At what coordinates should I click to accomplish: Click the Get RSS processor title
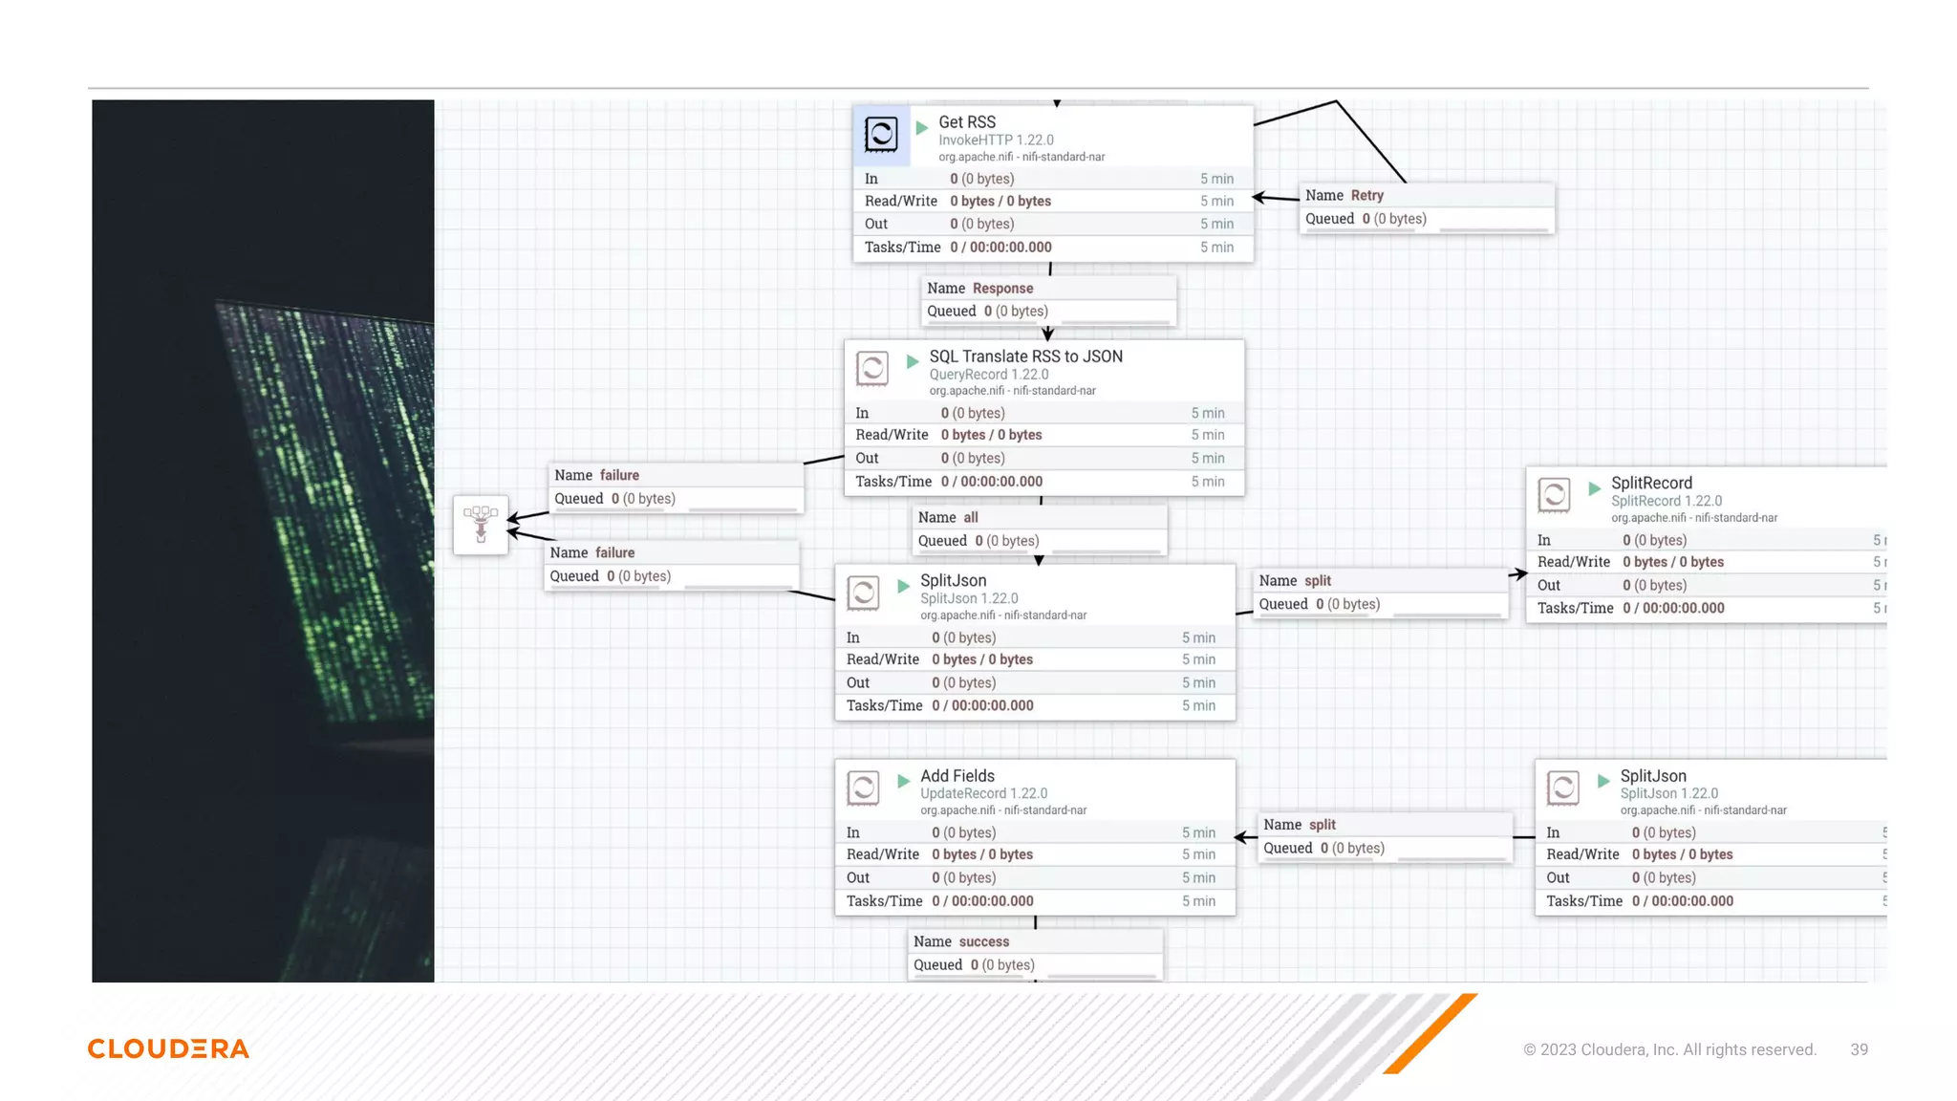tap(966, 122)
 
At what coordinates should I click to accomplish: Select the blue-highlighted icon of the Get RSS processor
tap(880, 134)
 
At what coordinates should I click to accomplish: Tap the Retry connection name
tap(1366, 195)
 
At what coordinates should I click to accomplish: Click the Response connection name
tap(1002, 289)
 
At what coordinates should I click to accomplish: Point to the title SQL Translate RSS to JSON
tap(1025, 356)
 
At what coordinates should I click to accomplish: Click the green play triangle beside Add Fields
tap(903, 781)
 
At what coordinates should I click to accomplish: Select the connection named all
tap(970, 518)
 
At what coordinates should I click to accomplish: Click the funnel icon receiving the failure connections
tap(481, 524)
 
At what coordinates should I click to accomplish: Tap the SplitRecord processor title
tap(1651, 484)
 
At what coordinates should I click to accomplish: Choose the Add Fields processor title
tap(957, 776)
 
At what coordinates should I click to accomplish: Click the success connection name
tap(983, 942)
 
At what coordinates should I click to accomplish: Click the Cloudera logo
tap(168, 1048)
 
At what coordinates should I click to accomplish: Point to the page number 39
tap(1859, 1049)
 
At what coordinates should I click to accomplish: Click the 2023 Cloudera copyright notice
tap(1669, 1049)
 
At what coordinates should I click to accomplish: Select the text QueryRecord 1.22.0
tap(988, 375)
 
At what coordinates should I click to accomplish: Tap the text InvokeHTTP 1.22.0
tap(996, 140)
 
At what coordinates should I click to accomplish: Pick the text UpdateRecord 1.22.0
tap(983, 793)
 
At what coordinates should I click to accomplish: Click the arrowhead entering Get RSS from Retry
tap(1259, 198)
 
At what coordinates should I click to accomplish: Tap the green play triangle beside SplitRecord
tap(1594, 488)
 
